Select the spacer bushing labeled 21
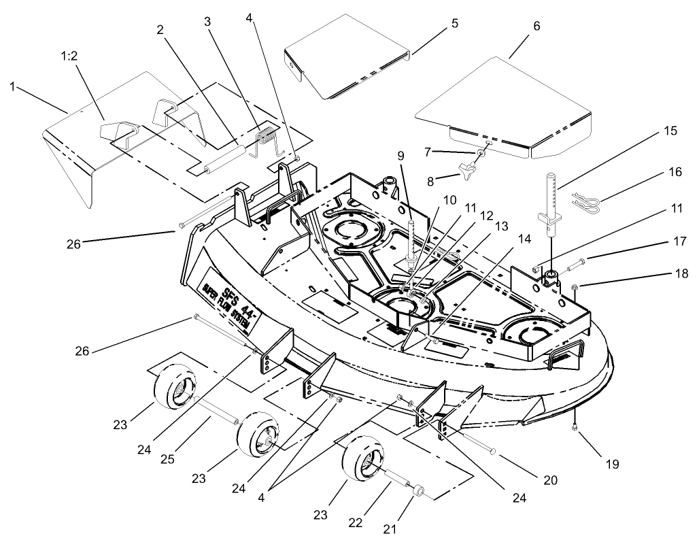click(x=419, y=490)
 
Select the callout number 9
click(x=403, y=156)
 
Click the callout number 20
click(x=550, y=480)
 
